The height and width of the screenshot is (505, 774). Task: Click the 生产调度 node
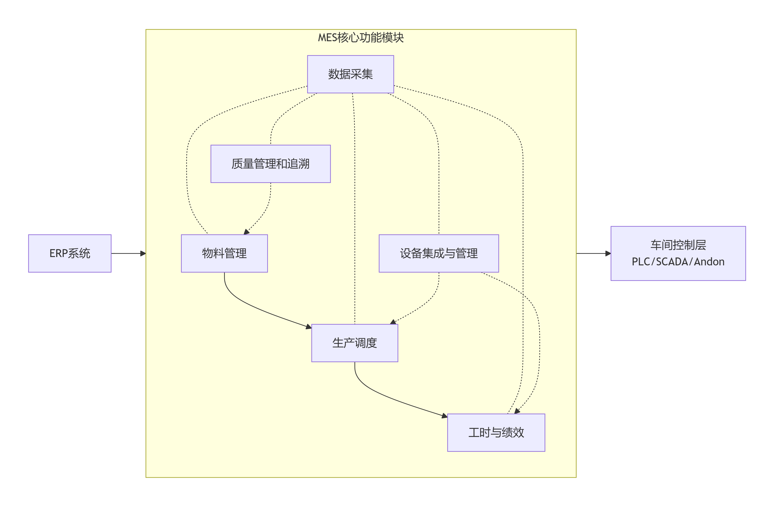(355, 343)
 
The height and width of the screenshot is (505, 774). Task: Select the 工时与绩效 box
(496, 433)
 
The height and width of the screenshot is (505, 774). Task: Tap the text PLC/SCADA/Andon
(678, 262)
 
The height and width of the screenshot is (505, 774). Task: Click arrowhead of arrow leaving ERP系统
(143, 254)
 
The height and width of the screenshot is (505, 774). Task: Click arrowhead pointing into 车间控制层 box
(608, 254)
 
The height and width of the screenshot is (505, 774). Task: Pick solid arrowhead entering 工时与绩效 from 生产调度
(444, 416)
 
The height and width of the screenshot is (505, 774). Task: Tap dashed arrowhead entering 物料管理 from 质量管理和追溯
(247, 232)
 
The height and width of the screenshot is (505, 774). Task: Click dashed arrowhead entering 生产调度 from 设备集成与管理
(393, 322)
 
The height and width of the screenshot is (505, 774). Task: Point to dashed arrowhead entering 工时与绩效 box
(517, 411)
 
